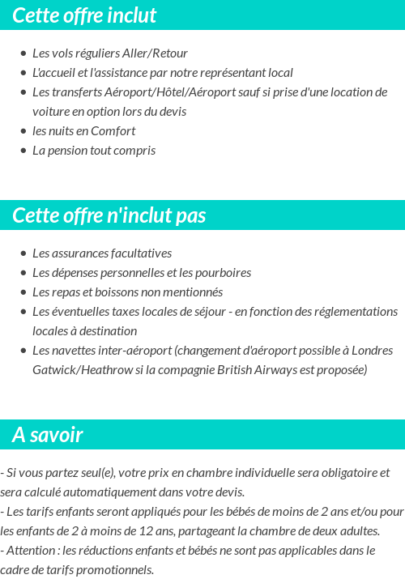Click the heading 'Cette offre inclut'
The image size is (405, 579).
click(84, 15)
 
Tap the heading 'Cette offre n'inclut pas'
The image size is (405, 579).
click(109, 215)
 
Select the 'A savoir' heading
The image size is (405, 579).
click(48, 435)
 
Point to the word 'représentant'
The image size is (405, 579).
click(224, 72)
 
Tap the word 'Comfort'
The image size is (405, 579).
click(113, 130)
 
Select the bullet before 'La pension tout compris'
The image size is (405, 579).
click(23, 151)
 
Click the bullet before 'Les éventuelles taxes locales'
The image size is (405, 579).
click(23, 312)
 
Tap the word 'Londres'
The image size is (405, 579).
click(373, 350)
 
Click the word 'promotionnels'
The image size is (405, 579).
click(116, 569)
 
